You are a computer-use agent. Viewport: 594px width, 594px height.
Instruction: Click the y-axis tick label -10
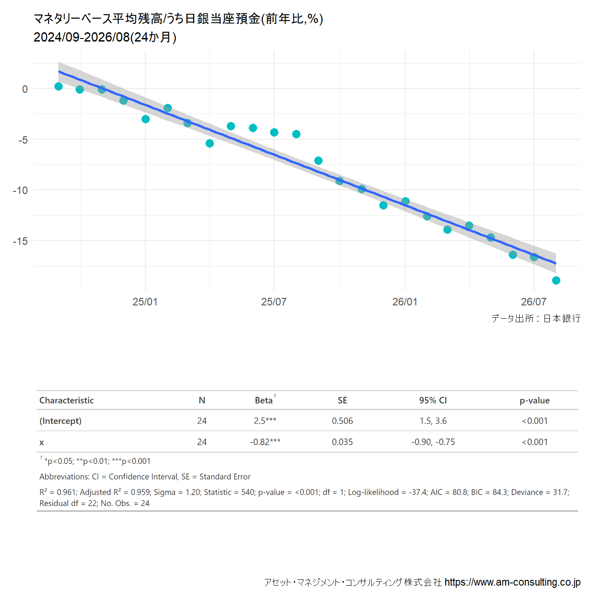(20, 190)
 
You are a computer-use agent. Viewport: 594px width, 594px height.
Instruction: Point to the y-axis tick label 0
(25, 89)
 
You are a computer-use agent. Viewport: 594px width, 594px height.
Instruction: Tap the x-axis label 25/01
(145, 301)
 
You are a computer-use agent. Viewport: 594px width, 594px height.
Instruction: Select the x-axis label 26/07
(533, 301)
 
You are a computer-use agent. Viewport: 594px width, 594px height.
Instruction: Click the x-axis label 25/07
(274, 301)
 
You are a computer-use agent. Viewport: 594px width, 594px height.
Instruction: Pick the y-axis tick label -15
(20, 241)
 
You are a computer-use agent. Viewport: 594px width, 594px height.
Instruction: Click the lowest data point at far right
(556, 280)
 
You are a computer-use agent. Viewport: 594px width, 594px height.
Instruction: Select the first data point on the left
(59, 86)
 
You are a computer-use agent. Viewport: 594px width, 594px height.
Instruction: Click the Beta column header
(263, 400)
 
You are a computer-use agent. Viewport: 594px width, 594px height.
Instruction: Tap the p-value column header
(534, 400)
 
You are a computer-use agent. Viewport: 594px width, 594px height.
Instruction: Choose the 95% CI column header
(433, 400)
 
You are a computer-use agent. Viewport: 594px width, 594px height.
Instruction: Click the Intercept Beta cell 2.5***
(265, 421)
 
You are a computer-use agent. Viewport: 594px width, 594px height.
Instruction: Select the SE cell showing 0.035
(342, 442)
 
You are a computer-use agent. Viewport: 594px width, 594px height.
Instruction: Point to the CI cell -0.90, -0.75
(433, 442)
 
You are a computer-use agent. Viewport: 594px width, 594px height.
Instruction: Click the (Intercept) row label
(61, 421)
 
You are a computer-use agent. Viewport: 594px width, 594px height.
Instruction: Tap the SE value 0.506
(342, 421)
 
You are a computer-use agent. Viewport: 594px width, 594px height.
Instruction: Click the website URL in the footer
(512, 582)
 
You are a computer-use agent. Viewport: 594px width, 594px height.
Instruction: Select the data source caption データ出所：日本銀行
(536, 318)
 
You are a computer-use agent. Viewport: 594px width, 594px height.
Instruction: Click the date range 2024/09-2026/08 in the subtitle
(82, 37)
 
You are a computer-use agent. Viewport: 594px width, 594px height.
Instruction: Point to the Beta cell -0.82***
(265, 442)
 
